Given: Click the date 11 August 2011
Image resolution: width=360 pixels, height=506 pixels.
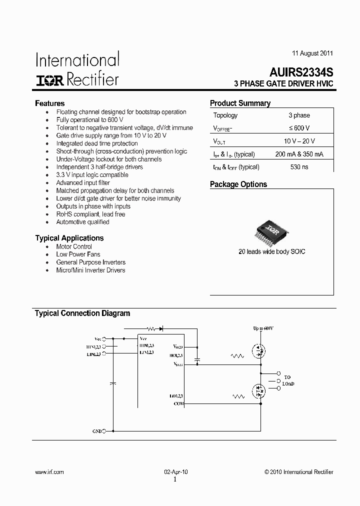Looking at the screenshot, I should point(312,53).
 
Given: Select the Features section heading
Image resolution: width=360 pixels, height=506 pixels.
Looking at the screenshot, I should point(49,103).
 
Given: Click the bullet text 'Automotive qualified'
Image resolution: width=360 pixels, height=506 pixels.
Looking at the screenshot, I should point(82,222).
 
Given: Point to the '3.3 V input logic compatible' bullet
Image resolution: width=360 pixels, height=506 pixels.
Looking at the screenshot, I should point(92,175).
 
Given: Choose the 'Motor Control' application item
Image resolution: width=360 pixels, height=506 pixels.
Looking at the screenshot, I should point(74,246).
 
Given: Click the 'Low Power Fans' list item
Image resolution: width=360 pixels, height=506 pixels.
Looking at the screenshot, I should point(78,254).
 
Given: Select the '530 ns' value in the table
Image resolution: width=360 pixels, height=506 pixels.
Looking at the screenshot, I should point(299,167).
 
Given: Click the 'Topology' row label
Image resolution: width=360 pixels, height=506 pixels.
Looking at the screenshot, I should point(225,115).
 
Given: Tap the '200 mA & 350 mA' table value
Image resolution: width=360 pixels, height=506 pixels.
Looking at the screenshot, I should point(299,154).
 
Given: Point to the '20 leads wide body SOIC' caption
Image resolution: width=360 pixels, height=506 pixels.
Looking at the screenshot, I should point(271,251).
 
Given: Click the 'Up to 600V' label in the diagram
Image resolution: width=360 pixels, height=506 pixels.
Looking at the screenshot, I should point(263,328).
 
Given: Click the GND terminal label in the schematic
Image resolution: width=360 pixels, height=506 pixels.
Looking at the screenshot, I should point(97,430).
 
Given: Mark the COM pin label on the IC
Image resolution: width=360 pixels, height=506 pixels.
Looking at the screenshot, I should point(178,403).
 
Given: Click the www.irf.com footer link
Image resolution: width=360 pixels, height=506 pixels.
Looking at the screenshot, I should point(49,472).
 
